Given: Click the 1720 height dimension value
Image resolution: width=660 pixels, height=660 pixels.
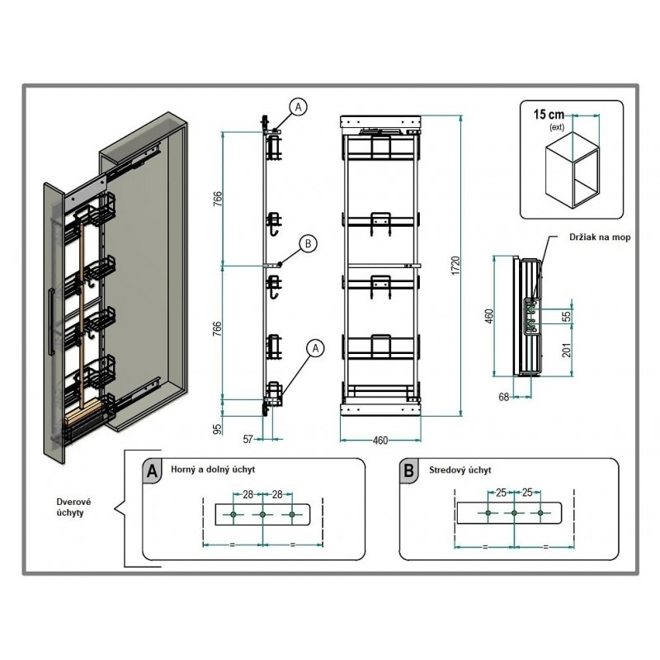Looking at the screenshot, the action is [456, 266].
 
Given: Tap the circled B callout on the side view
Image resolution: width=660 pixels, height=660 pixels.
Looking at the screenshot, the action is [308, 243].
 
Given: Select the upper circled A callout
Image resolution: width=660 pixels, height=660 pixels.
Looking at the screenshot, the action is [299, 107].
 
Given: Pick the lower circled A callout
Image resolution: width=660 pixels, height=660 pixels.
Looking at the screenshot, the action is [316, 348].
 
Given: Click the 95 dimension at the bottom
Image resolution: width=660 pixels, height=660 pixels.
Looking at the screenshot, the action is [217, 429].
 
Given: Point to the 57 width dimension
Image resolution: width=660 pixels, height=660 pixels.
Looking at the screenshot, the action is [248, 439].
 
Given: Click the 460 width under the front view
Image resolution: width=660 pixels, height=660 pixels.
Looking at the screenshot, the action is [380, 441].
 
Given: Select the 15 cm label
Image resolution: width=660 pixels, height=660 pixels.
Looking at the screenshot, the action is [549, 115].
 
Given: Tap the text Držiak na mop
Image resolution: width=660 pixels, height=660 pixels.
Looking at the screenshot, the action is [600, 238].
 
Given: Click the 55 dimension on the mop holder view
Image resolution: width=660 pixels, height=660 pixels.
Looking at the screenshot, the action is [568, 316].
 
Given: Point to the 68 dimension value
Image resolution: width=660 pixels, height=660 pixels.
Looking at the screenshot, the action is [503, 397].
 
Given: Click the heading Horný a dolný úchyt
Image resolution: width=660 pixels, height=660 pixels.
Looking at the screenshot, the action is [213, 469].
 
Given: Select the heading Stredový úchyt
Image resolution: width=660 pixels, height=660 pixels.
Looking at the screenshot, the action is [460, 469].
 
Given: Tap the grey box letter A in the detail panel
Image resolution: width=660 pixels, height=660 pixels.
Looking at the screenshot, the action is [152, 470].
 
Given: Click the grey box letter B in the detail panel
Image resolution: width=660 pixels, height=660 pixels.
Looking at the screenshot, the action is [408, 470].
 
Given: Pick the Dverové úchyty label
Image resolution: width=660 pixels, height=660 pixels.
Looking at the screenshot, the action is [74, 507].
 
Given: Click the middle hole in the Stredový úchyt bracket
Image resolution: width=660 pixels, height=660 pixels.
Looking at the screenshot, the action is [514, 512].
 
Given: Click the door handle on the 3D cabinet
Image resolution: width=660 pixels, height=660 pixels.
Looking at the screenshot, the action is [50, 322].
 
